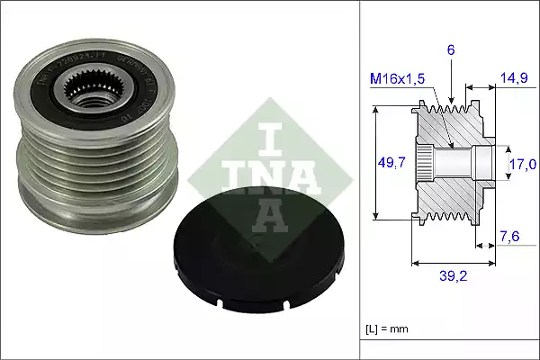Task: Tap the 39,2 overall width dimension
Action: click(453, 278)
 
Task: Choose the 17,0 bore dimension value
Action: click(523, 163)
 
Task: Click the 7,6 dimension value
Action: click(510, 238)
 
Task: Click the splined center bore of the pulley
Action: click(94, 90)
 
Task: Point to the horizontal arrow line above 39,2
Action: click(453, 264)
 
